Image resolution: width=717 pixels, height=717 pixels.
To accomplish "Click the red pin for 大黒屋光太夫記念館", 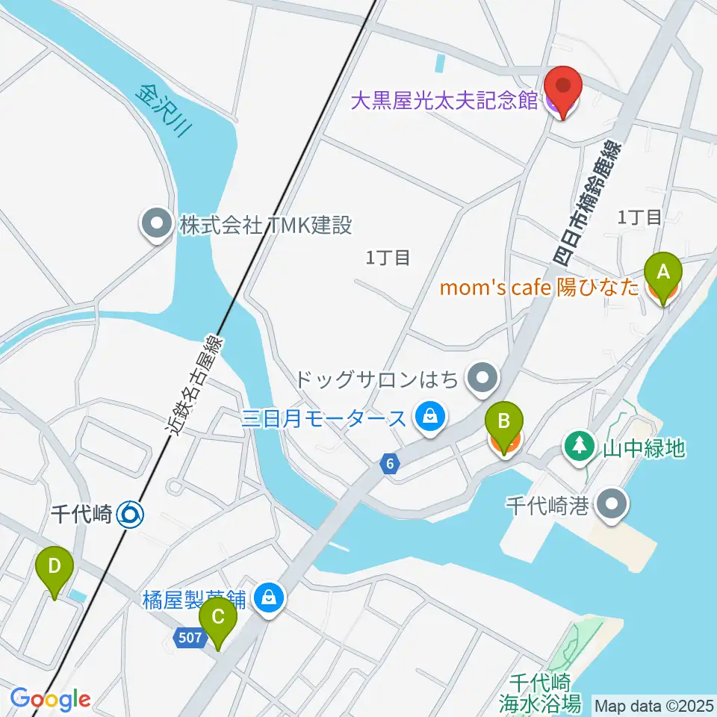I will click(564, 90).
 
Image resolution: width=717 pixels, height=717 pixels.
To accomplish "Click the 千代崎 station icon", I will click(131, 514).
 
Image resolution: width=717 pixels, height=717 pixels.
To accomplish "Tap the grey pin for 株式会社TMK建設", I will click(156, 226).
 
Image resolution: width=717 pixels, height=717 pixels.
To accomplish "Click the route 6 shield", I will click(389, 465).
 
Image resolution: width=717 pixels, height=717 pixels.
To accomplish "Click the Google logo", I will click(50, 700).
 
